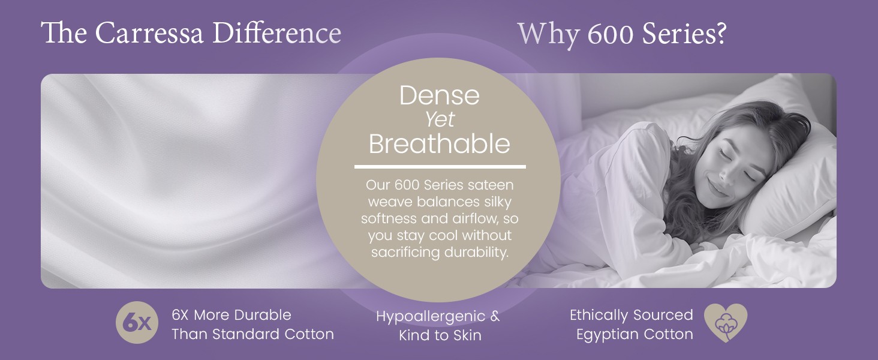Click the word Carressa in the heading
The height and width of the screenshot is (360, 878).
click(149, 33)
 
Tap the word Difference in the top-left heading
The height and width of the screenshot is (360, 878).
click(276, 33)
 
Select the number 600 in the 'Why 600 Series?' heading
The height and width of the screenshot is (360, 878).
click(611, 34)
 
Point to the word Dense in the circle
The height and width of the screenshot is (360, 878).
click(440, 95)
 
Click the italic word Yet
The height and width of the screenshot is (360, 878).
click(440, 119)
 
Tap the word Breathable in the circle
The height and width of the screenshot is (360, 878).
click(440, 143)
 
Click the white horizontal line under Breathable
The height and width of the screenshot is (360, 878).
click(440, 167)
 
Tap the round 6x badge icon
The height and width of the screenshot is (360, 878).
click(137, 322)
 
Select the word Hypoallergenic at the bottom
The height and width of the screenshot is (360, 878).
click(431, 317)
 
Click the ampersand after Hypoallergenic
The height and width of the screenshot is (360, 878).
click(495, 316)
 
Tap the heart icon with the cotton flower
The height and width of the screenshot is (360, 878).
click(726, 322)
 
